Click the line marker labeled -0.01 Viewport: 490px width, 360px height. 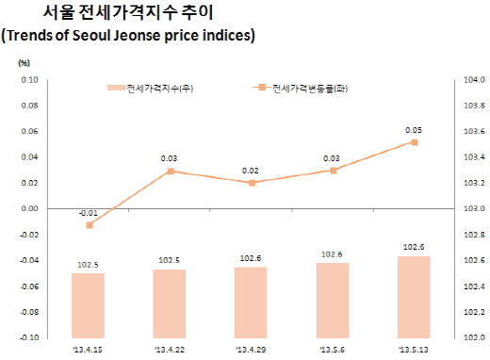pyautogui.click(x=89, y=225)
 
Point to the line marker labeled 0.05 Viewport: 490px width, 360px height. pyautogui.click(x=414, y=142)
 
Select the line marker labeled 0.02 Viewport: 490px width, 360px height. pyautogui.click(x=251, y=183)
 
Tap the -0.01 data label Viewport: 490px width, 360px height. pyautogui.click(x=87, y=213)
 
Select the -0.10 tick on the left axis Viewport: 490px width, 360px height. pyautogui.click(x=25, y=336)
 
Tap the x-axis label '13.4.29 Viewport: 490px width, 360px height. pyautogui.click(x=251, y=349)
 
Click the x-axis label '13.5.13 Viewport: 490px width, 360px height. pyautogui.click(x=414, y=349)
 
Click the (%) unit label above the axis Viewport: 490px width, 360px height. pyautogui.click(x=25, y=62)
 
